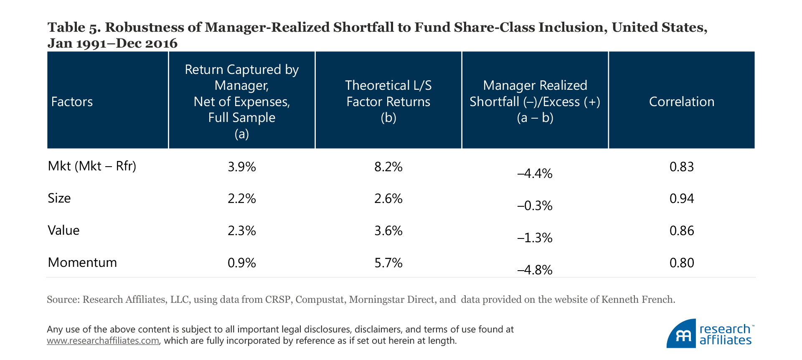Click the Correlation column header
point(681,101)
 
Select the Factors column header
point(72,101)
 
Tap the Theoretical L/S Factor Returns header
point(388,101)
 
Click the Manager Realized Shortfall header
point(535,101)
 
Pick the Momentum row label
point(82,262)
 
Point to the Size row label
point(59,198)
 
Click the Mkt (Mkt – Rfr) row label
point(92,166)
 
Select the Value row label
point(63,230)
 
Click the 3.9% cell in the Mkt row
point(241,167)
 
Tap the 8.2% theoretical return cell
point(388,167)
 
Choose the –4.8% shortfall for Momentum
point(535,270)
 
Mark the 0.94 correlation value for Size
point(681,198)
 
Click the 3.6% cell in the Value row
point(388,231)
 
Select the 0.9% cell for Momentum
point(241,263)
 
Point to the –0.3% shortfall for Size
point(535,205)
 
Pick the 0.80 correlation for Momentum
point(681,263)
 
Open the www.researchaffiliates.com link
point(103,341)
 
